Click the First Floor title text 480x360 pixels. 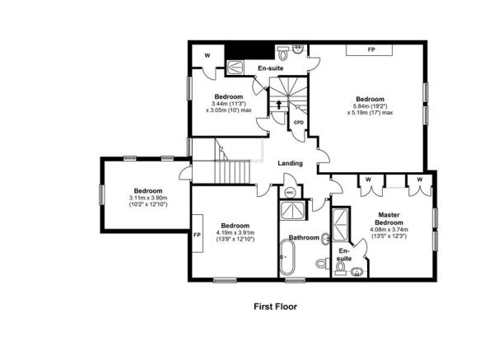[275, 306]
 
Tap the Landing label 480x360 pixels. [290, 163]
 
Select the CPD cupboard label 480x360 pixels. [299, 123]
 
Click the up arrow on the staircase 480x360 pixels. [279, 105]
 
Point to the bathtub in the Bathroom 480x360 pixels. [287, 257]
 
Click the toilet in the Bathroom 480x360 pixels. [322, 263]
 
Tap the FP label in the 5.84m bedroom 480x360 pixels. [371, 49]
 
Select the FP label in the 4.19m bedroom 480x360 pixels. [197, 235]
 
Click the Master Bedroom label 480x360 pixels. [389, 219]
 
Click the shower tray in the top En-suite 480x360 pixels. [235, 68]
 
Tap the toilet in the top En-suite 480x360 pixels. [283, 54]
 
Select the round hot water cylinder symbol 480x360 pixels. [290, 193]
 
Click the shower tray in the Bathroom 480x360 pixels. [292, 210]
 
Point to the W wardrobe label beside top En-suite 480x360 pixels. [207, 55]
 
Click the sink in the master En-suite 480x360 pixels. [357, 272]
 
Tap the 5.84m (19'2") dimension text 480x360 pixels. [370, 106]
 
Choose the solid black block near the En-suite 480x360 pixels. [249, 51]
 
